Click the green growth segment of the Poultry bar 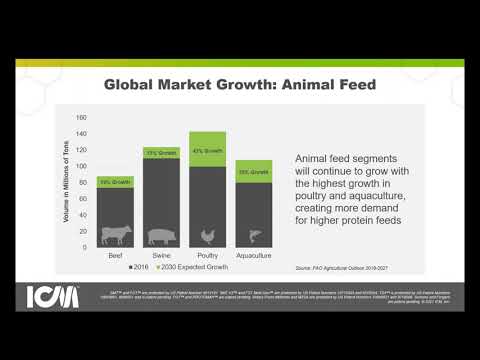208,149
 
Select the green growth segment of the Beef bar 115,182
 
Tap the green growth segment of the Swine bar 161,152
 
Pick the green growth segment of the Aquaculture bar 254,170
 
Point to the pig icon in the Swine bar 161,236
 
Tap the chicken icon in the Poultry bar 208,236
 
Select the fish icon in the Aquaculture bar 254,236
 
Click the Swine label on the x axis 161,256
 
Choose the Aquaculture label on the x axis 254,256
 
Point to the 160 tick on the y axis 82,116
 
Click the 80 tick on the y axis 83,181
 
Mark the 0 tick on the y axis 85,246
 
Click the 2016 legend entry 140,268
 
